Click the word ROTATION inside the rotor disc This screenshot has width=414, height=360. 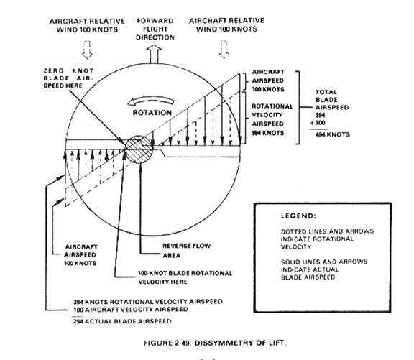pos(152,113)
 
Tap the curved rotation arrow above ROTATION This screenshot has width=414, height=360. pos(151,100)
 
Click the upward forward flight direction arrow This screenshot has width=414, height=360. pos(154,54)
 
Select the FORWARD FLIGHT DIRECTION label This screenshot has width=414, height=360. pos(155,29)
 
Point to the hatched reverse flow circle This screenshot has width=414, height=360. pos(139,149)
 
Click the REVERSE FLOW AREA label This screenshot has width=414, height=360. pos(186,251)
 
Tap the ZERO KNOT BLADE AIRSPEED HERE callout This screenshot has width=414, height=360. pos(68,78)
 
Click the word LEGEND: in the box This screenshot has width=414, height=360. pos(298,216)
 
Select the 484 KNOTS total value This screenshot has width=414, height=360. pos(332,134)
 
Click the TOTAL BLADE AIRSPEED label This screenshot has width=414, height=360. pos(332,100)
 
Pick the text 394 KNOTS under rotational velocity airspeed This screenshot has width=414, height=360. pos(267,133)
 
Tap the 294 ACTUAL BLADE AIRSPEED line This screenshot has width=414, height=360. pos(122,321)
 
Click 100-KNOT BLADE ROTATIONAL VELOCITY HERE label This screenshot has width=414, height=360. pos(185,277)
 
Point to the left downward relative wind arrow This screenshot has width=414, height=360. pos(87,50)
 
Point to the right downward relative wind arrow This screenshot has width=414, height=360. pos(224,49)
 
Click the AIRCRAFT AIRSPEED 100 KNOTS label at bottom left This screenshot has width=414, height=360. pos(80,255)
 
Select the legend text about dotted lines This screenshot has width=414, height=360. pos(327,239)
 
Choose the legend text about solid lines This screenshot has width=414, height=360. pos(324,269)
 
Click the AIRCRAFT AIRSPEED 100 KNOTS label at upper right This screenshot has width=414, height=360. pos(268,80)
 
